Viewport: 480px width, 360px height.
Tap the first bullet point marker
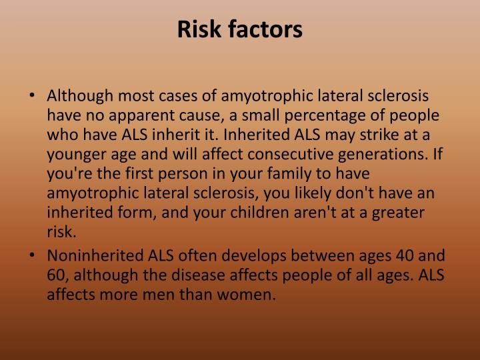(35, 96)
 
